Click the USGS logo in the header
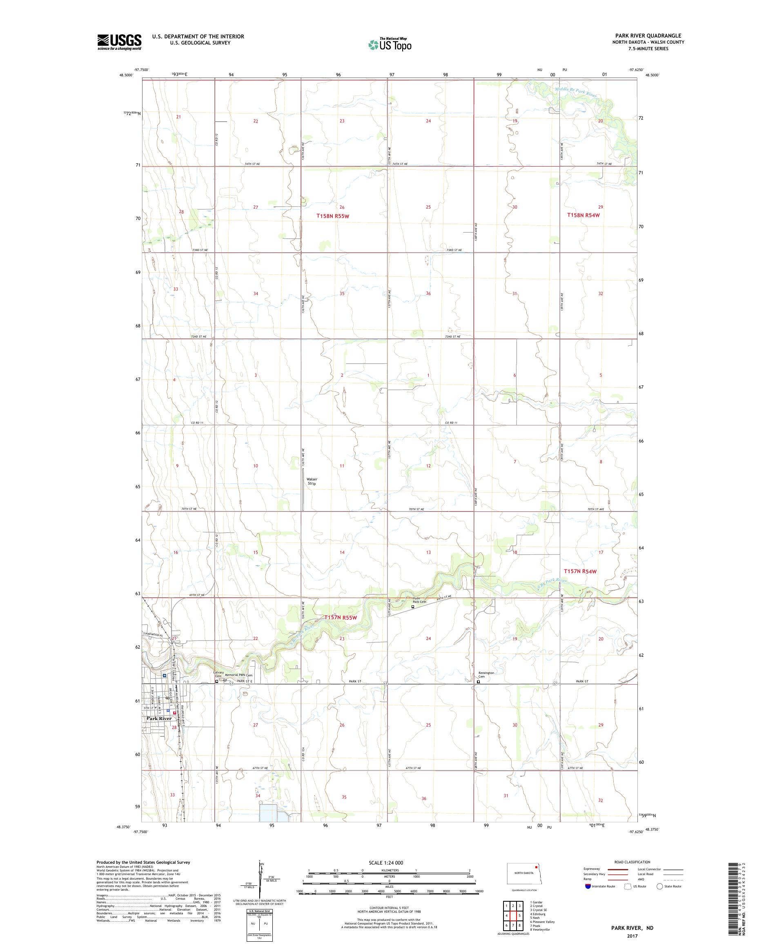point(119,42)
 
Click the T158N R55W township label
point(333,216)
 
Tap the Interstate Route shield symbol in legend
point(587,899)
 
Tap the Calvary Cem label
point(218,674)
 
